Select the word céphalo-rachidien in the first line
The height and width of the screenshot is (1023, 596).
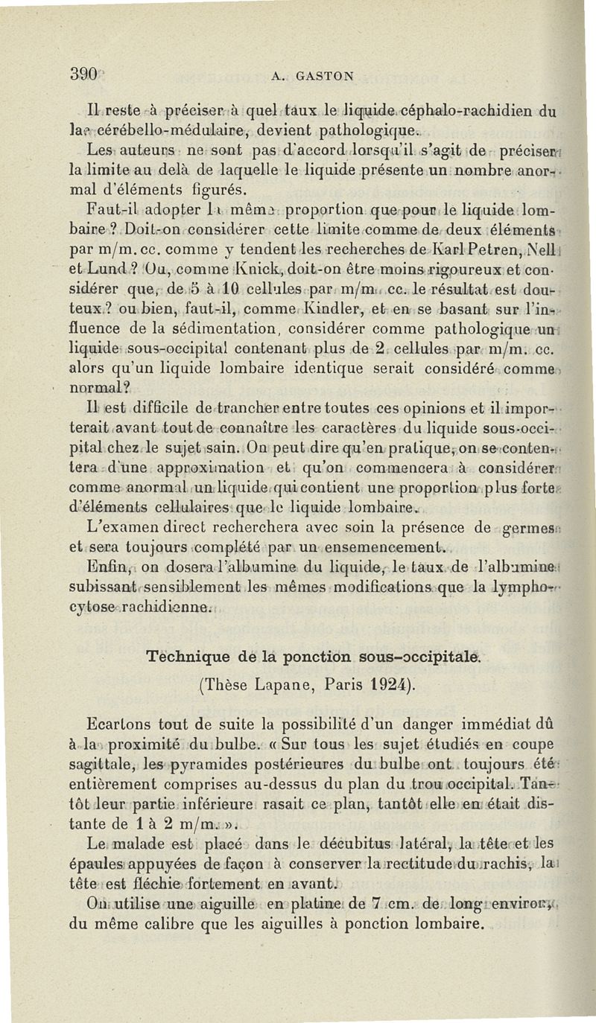[469, 115]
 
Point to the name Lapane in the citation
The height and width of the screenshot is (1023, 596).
[287, 683]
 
